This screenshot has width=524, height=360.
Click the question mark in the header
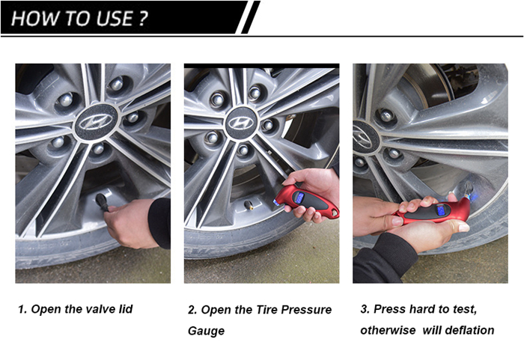(x=142, y=19)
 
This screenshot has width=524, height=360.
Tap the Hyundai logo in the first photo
(x=96, y=121)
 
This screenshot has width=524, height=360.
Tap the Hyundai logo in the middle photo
(x=241, y=122)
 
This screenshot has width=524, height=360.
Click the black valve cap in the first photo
(x=102, y=201)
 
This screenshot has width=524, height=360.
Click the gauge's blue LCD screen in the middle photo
(x=299, y=198)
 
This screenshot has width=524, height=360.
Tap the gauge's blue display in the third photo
(x=440, y=211)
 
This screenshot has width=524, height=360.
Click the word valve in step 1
(x=98, y=309)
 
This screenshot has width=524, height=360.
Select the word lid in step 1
(x=125, y=309)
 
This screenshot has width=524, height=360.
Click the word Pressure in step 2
(x=305, y=310)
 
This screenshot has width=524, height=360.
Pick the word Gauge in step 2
(x=206, y=331)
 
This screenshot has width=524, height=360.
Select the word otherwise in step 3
(x=388, y=330)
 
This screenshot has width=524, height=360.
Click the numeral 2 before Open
(x=191, y=310)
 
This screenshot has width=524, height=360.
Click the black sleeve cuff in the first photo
(x=159, y=222)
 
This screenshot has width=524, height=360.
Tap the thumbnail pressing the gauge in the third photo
(x=463, y=228)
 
